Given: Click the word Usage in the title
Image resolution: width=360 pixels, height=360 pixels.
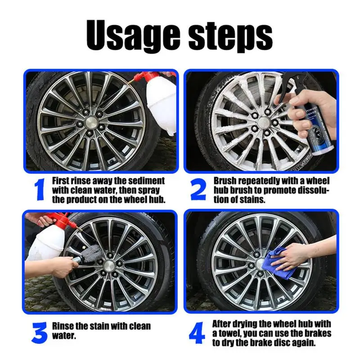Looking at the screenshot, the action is (133, 36).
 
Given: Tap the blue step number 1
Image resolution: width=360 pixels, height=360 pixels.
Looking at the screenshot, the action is (40, 190).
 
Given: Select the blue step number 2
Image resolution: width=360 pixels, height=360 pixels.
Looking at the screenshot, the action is (198, 189).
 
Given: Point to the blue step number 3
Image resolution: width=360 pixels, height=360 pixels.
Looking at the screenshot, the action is (40, 333).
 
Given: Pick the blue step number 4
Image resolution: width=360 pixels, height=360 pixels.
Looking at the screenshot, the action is (197, 333).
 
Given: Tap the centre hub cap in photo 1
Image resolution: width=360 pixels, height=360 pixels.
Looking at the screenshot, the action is (91, 121).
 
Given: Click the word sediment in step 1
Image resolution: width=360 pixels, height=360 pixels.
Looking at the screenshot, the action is (147, 181).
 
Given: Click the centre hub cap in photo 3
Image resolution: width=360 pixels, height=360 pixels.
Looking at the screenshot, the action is (108, 266).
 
